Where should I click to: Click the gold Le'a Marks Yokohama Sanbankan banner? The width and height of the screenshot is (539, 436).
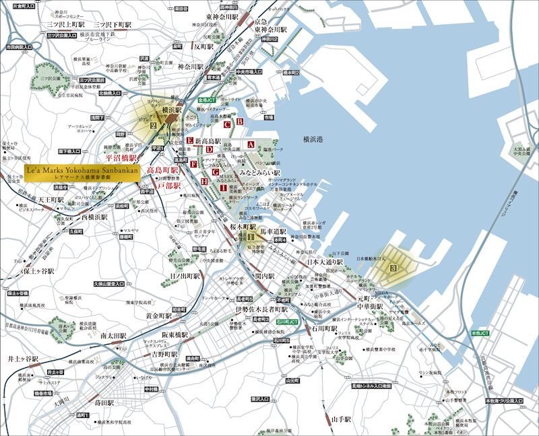click(82, 172)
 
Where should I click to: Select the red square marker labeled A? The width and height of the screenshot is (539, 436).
click(251, 145)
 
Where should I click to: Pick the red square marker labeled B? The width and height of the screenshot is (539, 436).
click(239, 122)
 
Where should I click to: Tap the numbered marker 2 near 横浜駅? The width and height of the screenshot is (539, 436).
click(154, 125)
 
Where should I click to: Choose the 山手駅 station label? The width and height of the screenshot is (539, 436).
click(342, 419)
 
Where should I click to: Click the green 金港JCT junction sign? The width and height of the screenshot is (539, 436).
click(207, 100)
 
